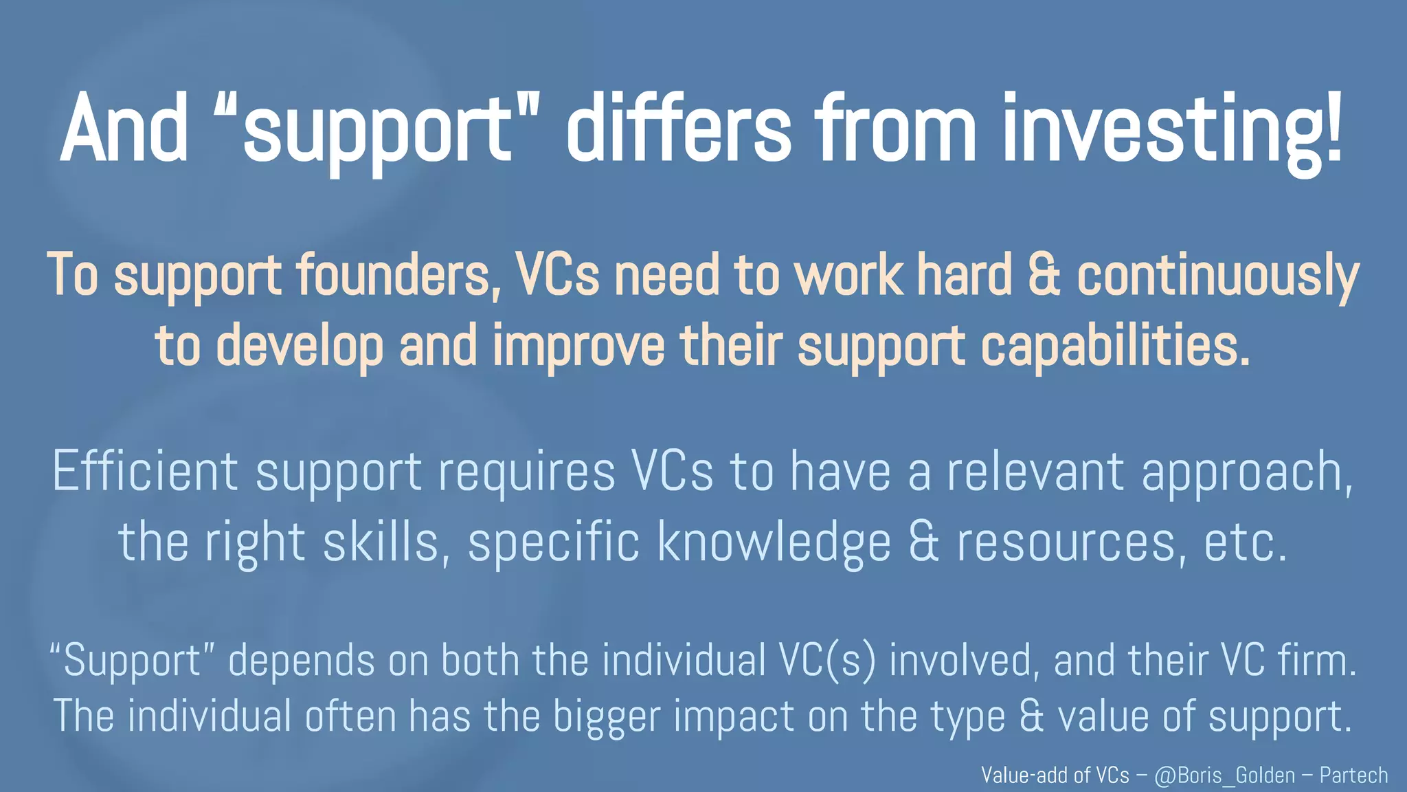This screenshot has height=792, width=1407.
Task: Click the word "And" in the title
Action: [124, 129]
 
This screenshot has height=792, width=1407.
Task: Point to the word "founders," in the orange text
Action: [398, 275]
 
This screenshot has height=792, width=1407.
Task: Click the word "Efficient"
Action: [145, 472]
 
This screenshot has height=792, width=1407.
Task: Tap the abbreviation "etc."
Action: [1245, 542]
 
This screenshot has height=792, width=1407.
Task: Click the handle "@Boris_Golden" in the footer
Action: [1224, 775]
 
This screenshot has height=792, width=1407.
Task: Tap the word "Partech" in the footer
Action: [1353, 775]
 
